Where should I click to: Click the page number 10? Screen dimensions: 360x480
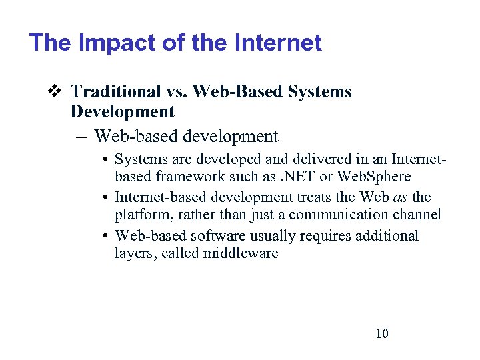382,333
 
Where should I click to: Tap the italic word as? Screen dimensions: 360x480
403,197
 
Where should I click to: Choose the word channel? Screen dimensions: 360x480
418,215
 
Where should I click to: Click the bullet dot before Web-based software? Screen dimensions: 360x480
106,236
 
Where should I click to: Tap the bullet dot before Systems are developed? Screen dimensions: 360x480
106,160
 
